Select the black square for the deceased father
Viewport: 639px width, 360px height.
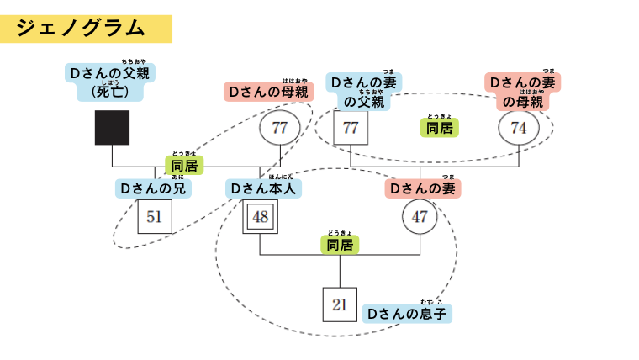(x=112, y=128)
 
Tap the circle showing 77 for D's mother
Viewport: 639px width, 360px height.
(x=280, y=128)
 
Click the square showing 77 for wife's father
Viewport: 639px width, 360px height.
(x=351, y=128)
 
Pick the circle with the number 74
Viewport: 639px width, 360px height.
(x=519, y=128)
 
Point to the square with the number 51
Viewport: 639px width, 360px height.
(x=154, y=217)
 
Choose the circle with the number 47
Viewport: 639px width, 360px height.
(x=420, y=217)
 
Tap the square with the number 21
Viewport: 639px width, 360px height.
(x=340, y=304)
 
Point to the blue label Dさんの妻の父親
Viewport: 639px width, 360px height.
(x=364, y=92)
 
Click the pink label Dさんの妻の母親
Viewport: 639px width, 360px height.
(x=523, y=92)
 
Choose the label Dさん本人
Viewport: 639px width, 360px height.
(x=264, y=189)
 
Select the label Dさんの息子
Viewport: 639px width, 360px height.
(x=407, y=314)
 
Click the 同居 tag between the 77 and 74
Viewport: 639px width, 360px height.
(x=439, y=128)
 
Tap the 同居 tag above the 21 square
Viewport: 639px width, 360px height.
(x=340, y=245)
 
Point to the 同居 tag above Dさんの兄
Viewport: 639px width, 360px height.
(x=184, y=166)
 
